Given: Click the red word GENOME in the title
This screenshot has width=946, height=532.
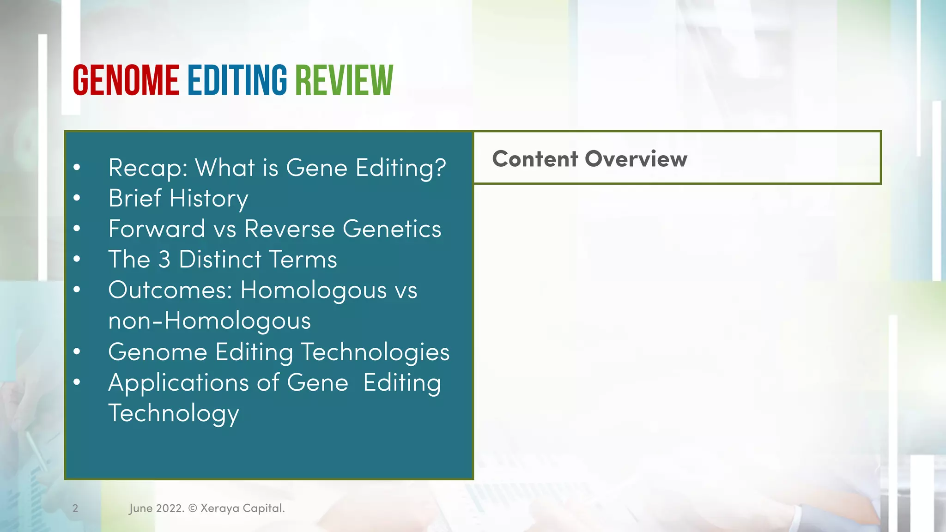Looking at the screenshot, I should coord(126,80).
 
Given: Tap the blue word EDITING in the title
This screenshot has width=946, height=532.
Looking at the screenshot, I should coord(237,80).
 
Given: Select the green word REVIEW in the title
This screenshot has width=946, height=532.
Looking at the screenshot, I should coord(344,80).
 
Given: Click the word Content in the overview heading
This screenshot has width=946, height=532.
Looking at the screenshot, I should coord(534,159).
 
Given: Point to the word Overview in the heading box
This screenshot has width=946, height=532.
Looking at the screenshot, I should coord(636,159).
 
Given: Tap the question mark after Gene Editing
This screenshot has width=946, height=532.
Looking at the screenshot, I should coord(440,167).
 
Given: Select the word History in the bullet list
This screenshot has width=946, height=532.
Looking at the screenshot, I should coord(209,199).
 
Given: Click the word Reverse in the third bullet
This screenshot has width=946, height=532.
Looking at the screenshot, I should coord(289,229).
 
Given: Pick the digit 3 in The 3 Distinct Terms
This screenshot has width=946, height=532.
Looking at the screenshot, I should coord(164,260).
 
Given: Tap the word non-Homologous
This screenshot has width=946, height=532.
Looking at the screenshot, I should coord(209,320).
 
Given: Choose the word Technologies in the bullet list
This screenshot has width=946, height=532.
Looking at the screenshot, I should coord(376,352).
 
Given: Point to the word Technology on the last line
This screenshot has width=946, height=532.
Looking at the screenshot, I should coord(174,414).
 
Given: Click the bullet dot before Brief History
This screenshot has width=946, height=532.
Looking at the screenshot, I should coord(77,198).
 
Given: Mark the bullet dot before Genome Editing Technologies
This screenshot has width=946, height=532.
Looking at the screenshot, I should coord(77,352).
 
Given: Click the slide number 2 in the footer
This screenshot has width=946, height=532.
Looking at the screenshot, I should coord(75,508).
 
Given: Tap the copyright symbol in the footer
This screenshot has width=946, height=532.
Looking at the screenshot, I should coord(193,508).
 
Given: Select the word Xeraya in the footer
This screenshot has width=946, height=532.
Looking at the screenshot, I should coord(220,508).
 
